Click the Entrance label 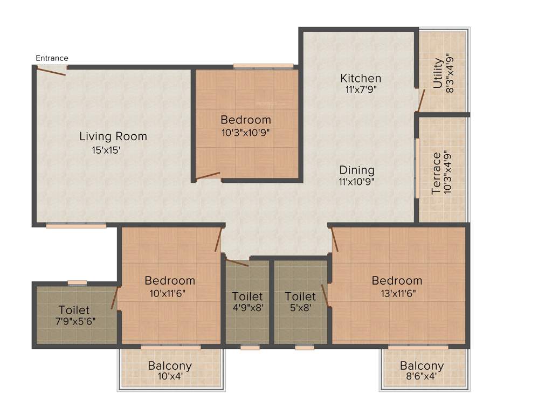tap(52, 58)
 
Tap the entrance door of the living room tap(52, 71)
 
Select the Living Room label tap(113, 136)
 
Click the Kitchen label tap(361, 78)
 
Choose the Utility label tap(438, 73)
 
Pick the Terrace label tap(437, 173)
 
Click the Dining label tap(357, 170)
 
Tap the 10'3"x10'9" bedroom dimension tap(246, 132)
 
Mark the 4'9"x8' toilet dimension tap(247, 309)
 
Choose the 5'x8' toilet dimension tap(300, 309)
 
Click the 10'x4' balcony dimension tap(170, 377)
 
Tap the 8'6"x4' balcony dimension tap(422, 377)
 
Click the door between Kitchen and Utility tap(422, 100)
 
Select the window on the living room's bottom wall tap(76, 226)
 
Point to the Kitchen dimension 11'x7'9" tap(361, 90)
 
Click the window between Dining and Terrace tap(417, 168)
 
